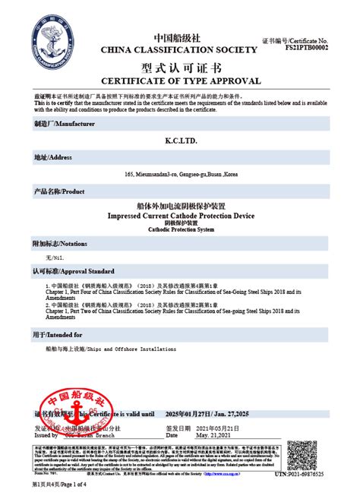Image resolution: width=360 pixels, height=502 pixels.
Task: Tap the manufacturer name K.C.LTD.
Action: tap(180, 141)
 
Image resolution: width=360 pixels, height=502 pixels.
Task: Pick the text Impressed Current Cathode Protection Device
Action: tap(180, 216)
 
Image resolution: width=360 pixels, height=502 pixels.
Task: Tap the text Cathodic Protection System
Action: tap(180, 229)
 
